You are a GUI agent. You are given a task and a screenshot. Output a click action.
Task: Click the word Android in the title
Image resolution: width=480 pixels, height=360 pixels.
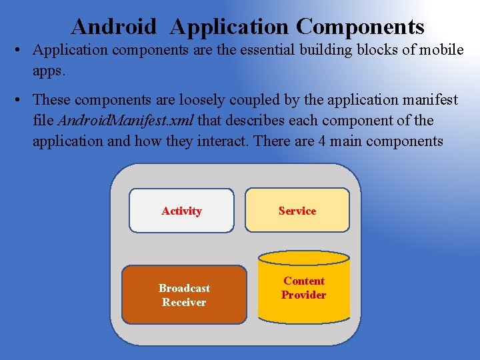(113, 27)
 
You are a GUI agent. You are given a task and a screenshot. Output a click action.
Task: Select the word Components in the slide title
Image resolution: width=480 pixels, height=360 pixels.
(360, 27)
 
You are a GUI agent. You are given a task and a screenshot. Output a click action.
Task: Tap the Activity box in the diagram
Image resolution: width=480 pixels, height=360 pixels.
(181, 211)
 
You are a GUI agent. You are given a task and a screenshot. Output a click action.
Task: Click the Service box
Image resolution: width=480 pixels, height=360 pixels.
(297, 211)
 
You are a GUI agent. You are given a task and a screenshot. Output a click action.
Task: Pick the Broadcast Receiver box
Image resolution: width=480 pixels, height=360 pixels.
(184, 295)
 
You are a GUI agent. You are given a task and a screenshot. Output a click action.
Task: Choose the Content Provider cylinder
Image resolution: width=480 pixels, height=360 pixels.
(303, 288)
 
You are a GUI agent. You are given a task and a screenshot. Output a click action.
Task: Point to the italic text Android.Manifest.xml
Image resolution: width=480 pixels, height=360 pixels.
(126, 121)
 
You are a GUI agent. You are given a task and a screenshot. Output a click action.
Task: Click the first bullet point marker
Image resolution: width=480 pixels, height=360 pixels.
(21, 51)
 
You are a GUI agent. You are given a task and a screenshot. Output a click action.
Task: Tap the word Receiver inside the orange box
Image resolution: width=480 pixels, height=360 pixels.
(184, 302)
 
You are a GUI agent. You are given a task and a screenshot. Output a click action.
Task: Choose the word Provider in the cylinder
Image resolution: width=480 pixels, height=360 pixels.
(303, 295)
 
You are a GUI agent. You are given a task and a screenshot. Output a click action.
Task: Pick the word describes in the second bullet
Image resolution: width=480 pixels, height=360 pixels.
(267, 121)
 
